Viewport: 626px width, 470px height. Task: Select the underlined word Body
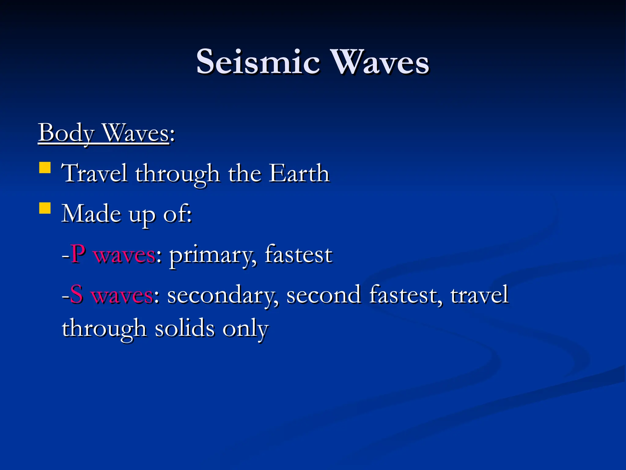click(66, 133)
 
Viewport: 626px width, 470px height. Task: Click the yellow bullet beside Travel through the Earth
click(45, 168)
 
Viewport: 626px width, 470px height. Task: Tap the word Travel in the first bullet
click(94, 173)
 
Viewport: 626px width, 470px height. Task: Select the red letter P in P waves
click(78, 254)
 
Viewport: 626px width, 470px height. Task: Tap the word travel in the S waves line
click(479, 294)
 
